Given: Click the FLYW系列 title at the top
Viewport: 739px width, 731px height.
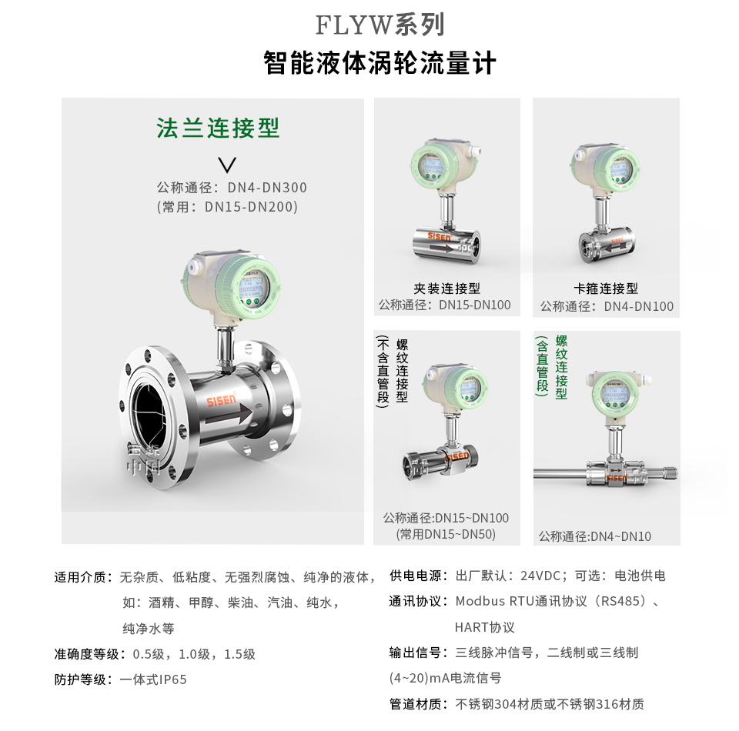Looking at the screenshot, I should [380, 25].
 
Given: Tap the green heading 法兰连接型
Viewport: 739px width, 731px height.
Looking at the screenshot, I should [218, 127].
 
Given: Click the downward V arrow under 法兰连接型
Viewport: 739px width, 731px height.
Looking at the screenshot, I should [227, 164].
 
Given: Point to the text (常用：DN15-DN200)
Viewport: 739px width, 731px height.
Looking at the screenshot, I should [227, 207].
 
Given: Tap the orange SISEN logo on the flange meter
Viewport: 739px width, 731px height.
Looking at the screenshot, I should [222, 401].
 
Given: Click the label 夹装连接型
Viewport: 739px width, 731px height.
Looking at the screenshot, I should [447, 289].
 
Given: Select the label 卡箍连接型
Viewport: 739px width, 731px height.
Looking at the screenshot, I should [606, 289].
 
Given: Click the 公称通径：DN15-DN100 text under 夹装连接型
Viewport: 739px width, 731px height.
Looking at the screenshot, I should [444, 305].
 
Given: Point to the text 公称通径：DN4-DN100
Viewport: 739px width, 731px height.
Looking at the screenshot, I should [607, 306].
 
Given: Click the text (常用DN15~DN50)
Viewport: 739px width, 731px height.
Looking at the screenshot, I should [446, 534].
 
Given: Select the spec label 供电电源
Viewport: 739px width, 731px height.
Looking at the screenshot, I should [418, 576].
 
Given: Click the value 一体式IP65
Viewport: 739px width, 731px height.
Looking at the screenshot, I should [153, 679].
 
